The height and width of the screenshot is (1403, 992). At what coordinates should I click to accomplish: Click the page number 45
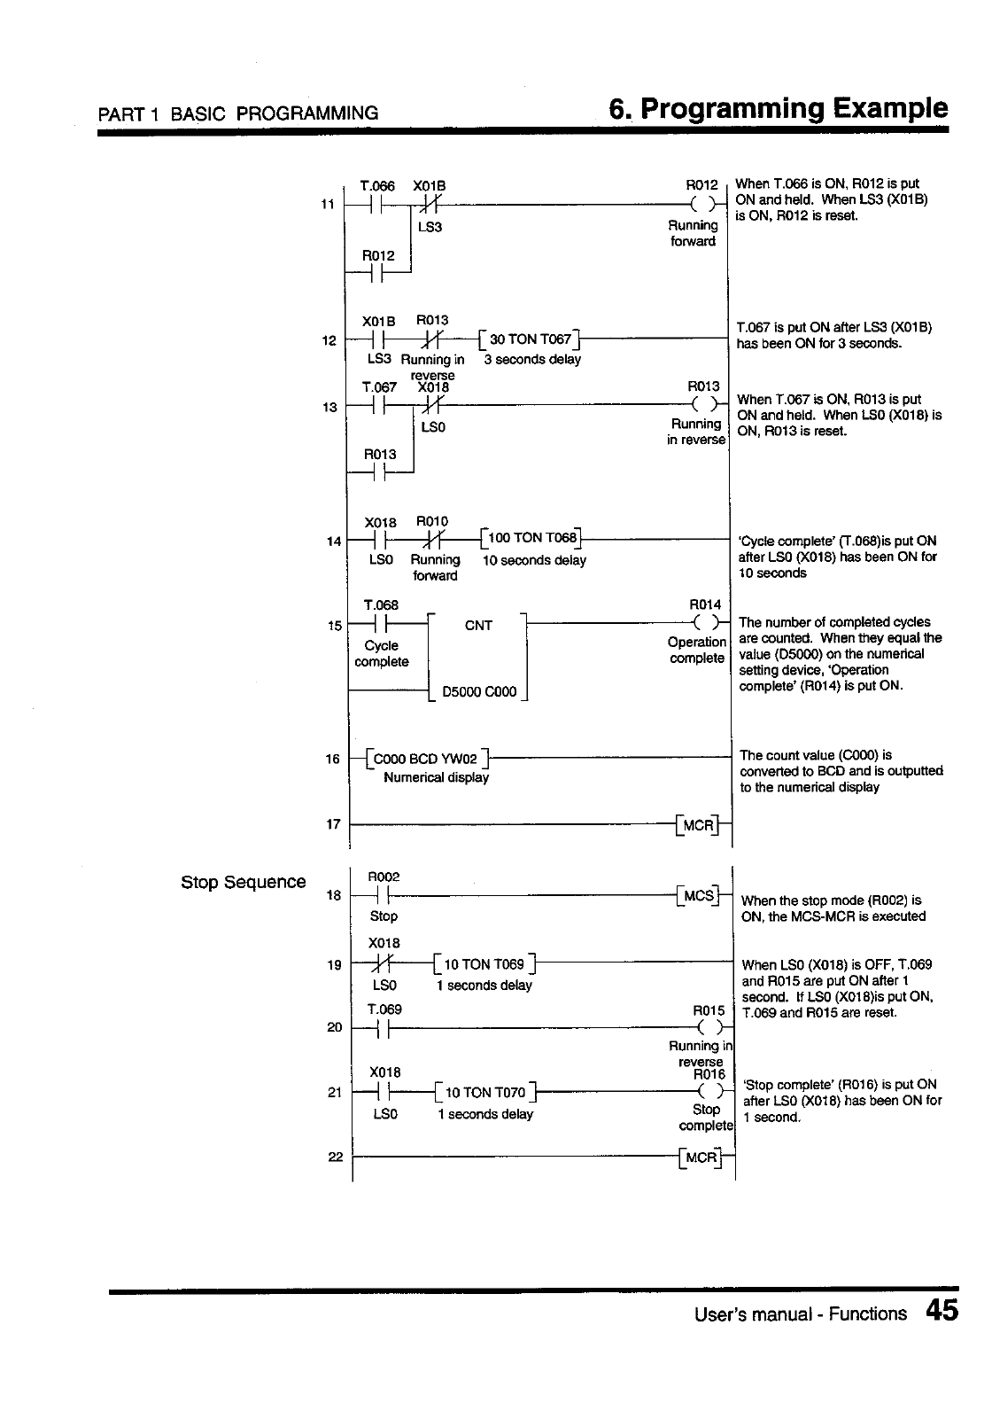point(942,1311)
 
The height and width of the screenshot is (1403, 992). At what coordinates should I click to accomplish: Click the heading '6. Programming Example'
point(778,109)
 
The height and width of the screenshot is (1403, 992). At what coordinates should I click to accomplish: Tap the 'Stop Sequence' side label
point(243,882)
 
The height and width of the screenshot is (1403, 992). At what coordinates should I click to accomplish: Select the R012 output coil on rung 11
point(706,204)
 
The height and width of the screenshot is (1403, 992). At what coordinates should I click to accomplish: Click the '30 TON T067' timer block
point(529,339)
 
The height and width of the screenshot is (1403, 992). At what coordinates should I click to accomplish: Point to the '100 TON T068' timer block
point(531,538)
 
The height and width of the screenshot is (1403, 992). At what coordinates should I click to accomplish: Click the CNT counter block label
point(478,626)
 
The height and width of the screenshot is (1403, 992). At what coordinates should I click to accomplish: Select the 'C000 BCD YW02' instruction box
point(426,759)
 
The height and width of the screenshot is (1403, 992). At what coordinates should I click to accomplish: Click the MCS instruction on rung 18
point(700,896)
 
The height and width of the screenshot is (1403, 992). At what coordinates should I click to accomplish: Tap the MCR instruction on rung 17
point(700,825)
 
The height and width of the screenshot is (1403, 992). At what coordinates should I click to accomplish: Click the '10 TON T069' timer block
point(485,964)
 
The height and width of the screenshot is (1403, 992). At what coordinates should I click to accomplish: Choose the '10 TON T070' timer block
point(485,1092)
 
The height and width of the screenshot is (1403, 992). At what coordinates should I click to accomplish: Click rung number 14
point(334,542)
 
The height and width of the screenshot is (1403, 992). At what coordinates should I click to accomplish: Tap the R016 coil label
point(709,1075)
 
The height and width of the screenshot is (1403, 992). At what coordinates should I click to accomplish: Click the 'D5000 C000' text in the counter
point(478,692)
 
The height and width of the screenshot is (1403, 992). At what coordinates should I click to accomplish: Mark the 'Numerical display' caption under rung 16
point(436,778)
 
